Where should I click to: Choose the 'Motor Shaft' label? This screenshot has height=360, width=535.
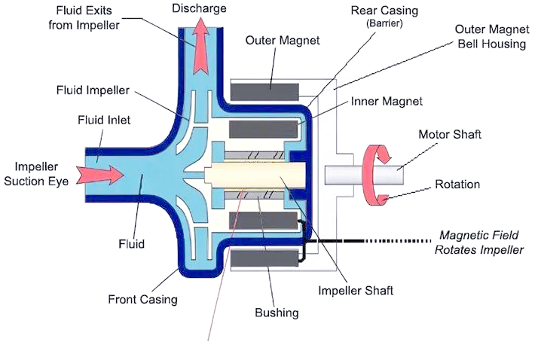coord(449,134)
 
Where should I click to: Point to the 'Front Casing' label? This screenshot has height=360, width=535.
coord(143,299)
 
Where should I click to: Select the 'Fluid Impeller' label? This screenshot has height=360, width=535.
coord(93,90)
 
